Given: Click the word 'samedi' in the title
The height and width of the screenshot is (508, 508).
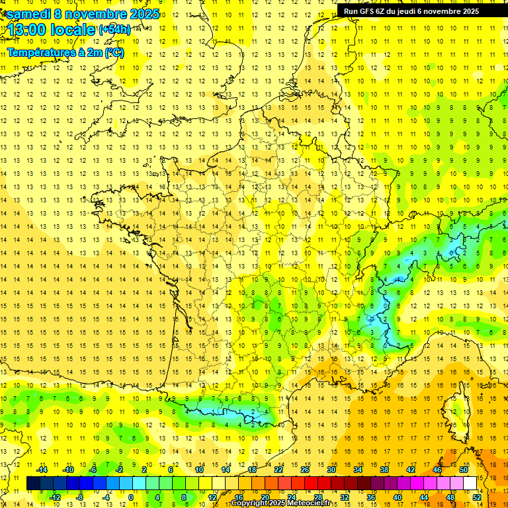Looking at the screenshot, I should (x=28, y=14).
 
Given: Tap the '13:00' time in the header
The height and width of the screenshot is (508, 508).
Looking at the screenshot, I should (x=26, y=30).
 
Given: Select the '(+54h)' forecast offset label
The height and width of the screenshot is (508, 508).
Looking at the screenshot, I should (x=114, y=30).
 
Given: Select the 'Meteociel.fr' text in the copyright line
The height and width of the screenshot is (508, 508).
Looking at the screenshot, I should (x=311, y=503).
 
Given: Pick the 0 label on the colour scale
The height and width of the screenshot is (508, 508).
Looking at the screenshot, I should (x=130, y=497).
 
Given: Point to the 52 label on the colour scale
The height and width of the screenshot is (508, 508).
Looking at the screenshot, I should (x=477, y=497).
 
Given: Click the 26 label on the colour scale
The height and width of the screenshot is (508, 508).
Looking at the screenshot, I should (x=305, y=470).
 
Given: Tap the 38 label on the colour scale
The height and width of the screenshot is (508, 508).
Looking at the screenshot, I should (x=384, y=470).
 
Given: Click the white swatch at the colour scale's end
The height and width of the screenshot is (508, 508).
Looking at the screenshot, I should (x=470, y=483).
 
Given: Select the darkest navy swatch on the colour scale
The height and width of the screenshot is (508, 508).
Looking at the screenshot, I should (x=33, y=483).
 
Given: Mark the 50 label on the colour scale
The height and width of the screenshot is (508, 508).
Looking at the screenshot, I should (x=464, y=470).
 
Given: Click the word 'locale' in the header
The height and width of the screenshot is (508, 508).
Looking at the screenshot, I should (x=72, y=30).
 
